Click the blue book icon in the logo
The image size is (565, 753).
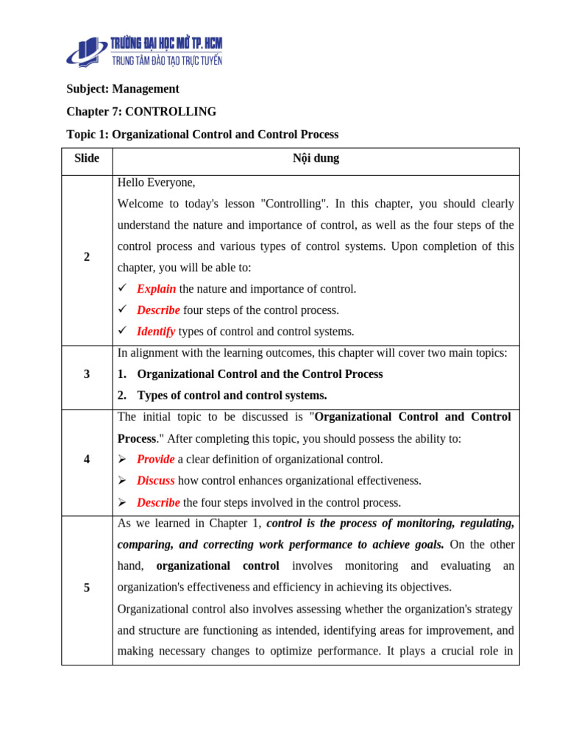(x=87, y=52)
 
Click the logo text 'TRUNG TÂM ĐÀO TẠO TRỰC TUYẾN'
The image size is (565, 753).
(x=166, y=60)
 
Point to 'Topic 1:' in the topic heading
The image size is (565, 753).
(x=88, y=135)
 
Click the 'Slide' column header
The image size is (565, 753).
(x=87, y=158)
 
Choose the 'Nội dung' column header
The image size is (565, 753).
(x=316, y=158)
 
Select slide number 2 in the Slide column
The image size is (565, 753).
(x=87, y=257)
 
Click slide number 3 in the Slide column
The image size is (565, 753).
(x=87, y=374)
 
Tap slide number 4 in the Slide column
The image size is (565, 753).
(x=87, y=460)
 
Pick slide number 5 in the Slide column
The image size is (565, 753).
(x=87, y=588)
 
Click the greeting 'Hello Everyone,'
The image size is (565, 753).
(x=156, y=182)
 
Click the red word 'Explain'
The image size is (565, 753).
(x=156, y=289)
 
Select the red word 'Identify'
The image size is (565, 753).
(x=156, y=332)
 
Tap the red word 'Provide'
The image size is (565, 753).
(x=155, y=460)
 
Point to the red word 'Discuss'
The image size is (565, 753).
(x=155, y=481)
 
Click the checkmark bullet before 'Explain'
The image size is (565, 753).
(x=123, y=288)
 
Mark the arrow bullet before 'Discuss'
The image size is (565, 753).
(x=123, y=481)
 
